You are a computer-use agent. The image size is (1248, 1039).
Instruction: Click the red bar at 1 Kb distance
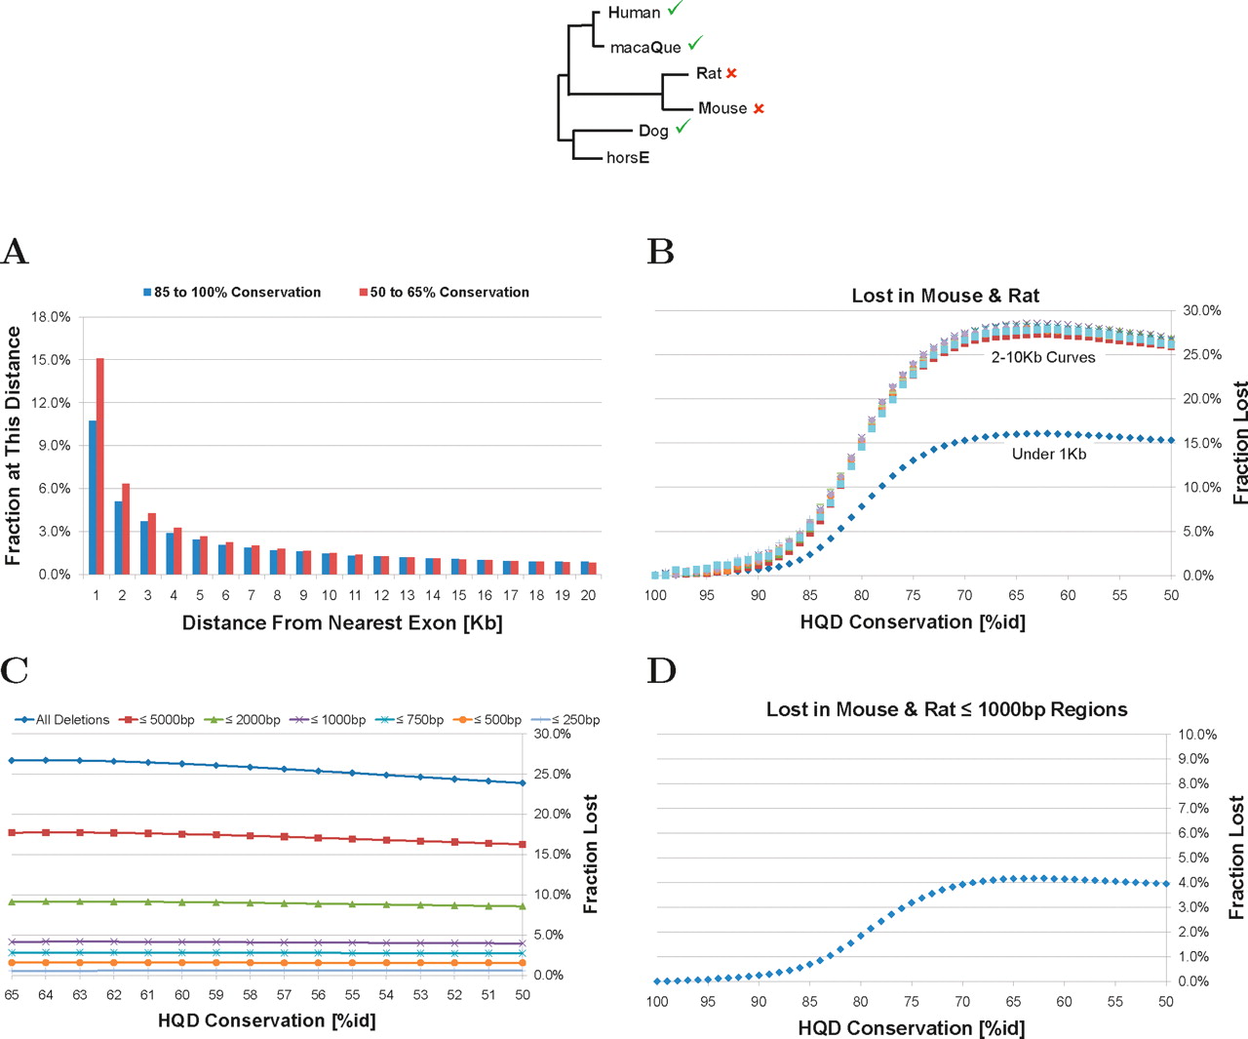point(99,466)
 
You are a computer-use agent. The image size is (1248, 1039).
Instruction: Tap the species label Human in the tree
point(634,13)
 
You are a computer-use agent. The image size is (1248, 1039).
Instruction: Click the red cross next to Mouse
point(759,108)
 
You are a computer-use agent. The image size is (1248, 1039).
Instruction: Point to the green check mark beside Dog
point(682,126)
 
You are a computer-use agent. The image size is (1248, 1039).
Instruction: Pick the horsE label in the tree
point(628,157)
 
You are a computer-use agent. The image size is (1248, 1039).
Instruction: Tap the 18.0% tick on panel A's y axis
point(51,317)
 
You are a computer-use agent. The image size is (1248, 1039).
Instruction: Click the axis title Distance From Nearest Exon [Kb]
point(342,622)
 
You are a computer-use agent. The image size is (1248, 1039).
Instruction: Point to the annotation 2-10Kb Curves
point(1043,357)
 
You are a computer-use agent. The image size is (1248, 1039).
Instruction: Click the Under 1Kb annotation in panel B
point(1049,454)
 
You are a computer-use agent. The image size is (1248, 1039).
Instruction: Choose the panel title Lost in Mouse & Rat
point(945,296)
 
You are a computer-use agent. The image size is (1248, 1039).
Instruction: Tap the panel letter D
point(661,671)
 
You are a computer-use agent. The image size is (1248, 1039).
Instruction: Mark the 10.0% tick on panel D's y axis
point(1197,735)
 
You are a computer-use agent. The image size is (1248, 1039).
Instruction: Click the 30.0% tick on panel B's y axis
point(1202,310)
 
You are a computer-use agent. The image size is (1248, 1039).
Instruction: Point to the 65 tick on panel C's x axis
point(12,995)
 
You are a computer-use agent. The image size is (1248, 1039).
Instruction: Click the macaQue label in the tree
point(645,47)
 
